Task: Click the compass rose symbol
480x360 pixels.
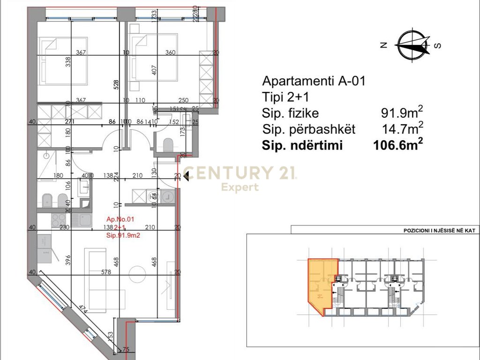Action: click(x=412, y=45)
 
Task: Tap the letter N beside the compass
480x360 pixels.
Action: click(x=383, y=45)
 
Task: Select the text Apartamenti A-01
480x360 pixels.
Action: click(x=313, y=81)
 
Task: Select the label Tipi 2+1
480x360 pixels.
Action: click(x=287, y=97)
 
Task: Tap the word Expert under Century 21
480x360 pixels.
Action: click(x=240, y=187)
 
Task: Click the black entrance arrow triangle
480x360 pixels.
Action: click(x=186, y=176)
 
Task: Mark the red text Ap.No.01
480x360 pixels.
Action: click(x=120, y=219)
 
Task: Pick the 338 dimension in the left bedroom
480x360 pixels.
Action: click(x=67, y=61)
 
